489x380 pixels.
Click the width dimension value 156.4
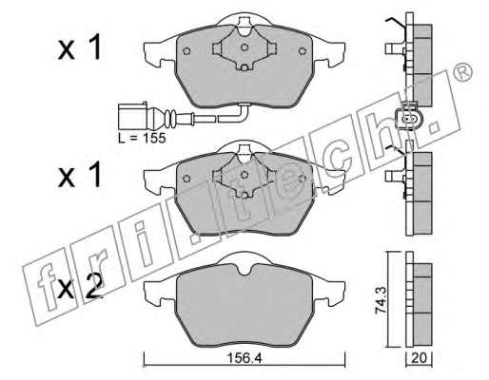point(244,358)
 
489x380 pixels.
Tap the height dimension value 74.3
point(381,299)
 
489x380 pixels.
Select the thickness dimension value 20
point(419,358)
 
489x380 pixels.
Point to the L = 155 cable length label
point(142,138)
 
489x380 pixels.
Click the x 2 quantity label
point(80,286)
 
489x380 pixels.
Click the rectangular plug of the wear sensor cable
point(132,116)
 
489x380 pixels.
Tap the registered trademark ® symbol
point(463,72)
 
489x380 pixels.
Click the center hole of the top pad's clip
point(244,47)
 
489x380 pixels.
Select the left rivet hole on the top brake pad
point(186,51)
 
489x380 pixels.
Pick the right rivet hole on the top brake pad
point(303,50)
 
